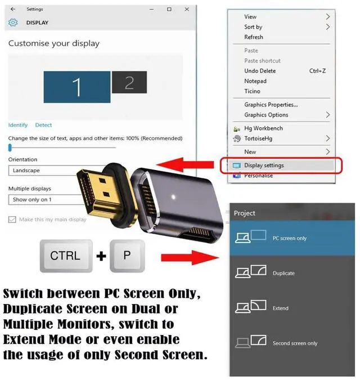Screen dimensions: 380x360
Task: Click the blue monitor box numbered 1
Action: coord(76,87)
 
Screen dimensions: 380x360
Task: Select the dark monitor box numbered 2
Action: coord(129,83)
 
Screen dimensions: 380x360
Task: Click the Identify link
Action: coord(18,125)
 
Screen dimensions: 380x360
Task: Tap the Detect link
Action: coord(43,125)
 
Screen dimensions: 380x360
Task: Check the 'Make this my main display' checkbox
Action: coord(12,220)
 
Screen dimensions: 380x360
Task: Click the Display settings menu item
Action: coord(264,166)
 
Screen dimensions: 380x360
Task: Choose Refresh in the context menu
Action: coord(254,37)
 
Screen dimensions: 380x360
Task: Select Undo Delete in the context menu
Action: coord(260,71)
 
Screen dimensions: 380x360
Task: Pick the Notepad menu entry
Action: coord(255,81)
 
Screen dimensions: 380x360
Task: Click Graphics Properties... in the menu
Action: coord(271,105)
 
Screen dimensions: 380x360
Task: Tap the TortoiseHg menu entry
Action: coord(259,138)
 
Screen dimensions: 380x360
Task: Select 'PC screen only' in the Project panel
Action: coord(289,238)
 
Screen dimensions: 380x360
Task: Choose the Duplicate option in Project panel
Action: coord(283,273)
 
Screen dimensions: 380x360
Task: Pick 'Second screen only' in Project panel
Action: coord(295,343)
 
